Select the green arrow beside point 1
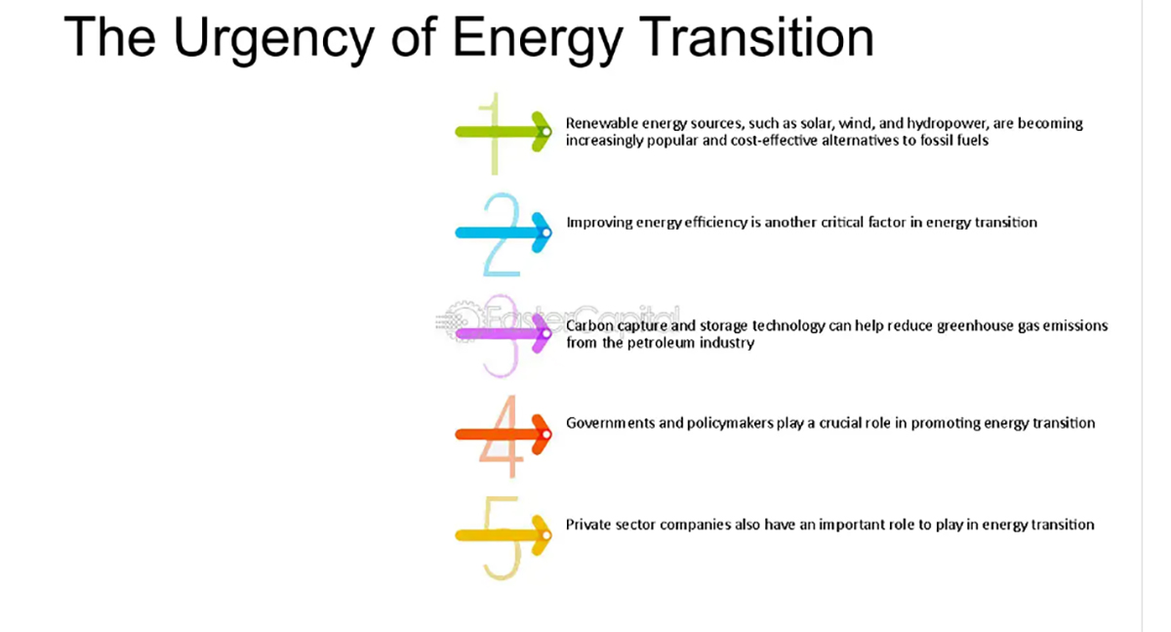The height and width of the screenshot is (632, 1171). tap(504, 132)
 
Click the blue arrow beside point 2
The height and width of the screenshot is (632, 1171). tap(504, 232)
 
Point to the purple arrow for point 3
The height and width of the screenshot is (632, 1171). tap(504, 334)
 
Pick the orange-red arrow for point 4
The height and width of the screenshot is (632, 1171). tap(504, 435)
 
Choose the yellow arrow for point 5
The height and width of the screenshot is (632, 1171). tap(504, 535)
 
